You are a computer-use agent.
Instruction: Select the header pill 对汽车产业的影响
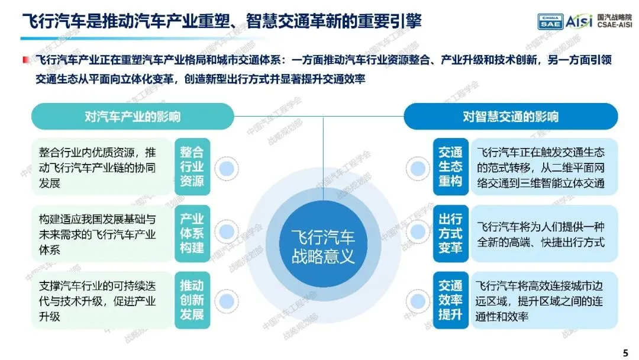point(133,116)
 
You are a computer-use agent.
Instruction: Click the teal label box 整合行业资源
point(192,166)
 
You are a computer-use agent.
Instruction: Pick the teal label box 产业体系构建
point(192,233)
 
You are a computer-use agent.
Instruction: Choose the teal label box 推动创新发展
point(192,300)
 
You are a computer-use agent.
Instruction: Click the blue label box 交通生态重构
point(450,166)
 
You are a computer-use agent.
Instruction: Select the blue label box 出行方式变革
point(450,233)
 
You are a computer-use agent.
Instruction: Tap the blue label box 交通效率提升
point(450,300)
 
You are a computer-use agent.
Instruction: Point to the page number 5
point(625,353)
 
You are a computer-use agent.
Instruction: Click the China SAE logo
point(550,22)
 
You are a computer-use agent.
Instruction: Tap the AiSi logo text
point(580,22)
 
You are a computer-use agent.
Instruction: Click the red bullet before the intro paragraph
point(25,60)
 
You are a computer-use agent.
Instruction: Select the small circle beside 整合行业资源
point(225,170)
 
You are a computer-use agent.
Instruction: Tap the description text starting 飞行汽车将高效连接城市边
point(540,300)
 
